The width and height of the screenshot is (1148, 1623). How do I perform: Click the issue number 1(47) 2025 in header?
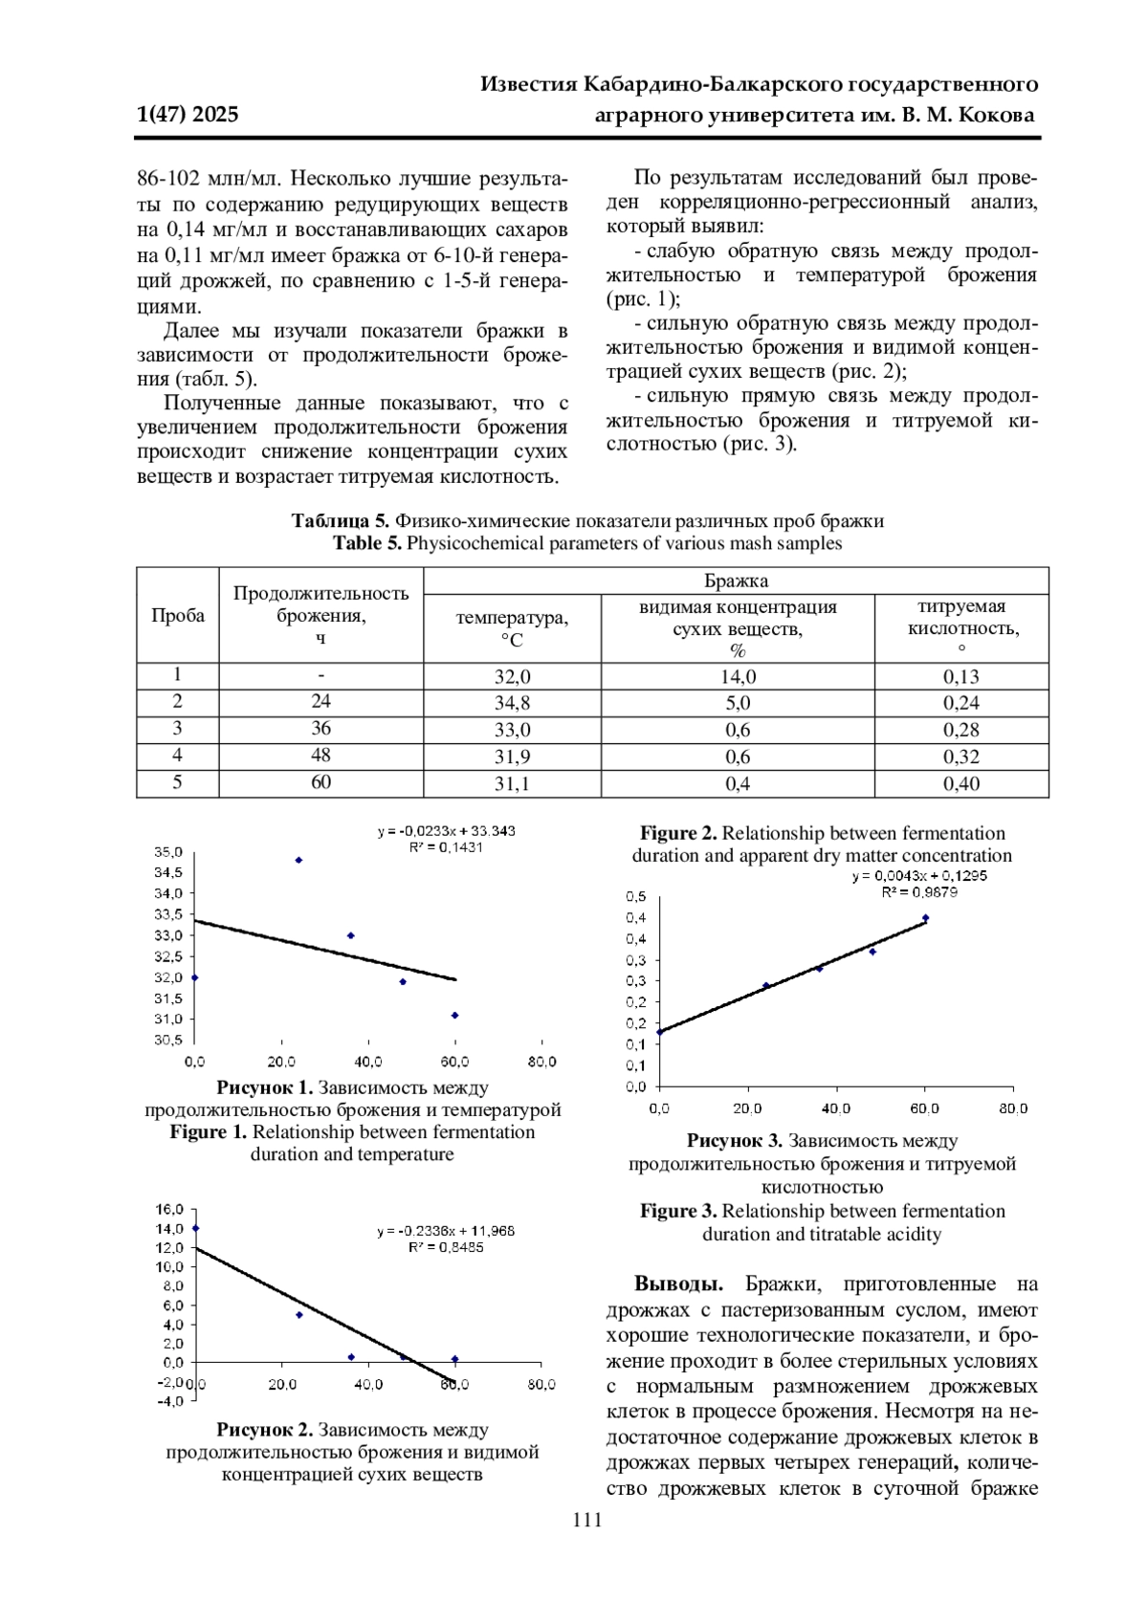[x=188, y=115]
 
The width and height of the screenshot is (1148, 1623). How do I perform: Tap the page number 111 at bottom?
[x=586, y=1520]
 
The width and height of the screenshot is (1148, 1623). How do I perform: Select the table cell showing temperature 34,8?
[x=512, y=703]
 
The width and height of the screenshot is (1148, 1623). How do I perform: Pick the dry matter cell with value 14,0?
[x=738, y=676]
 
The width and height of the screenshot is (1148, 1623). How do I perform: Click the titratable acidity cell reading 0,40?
[x=960, y=783]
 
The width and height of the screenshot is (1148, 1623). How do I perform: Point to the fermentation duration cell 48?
[x=320, y=756]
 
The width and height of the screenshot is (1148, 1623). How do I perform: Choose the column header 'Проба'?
[x=178, y=615]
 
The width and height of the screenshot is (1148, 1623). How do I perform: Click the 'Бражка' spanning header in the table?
[x=736, y=581]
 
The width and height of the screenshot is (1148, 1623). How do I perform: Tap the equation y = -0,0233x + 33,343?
[x=446, y=831]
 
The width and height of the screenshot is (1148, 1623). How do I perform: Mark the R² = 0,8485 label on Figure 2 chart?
[x=446, y=1247]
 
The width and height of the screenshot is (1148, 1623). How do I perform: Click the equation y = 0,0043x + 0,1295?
[x=919, y=875]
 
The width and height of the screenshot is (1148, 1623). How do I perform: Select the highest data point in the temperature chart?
[x=298, y=860]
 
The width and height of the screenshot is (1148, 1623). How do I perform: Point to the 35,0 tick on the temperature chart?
[x=168, y=851]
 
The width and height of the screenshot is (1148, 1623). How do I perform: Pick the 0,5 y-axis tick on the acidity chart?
[x=636, y=897]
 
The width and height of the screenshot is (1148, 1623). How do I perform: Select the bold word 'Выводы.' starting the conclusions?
[x=678, y=1283]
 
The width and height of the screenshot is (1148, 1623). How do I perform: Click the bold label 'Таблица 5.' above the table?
[x=341, y=521]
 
